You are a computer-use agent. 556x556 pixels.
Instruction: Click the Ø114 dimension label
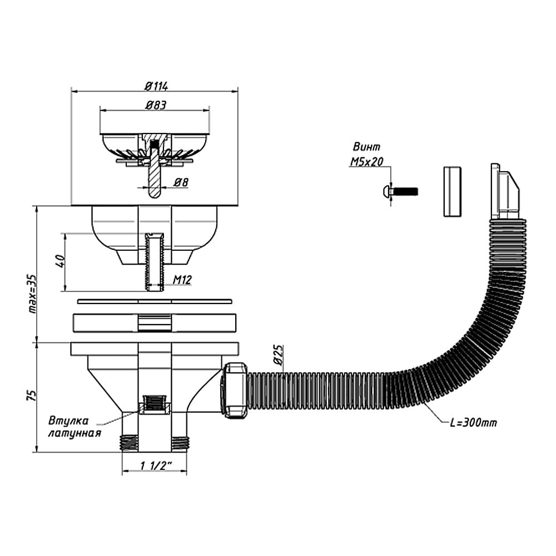(x=156, y=86)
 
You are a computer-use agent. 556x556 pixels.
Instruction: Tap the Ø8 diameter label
(x=181, y=182)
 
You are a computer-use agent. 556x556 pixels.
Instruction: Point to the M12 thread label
(x=182, y=280)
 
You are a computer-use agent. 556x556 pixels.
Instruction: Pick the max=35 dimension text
(x=32, y=294)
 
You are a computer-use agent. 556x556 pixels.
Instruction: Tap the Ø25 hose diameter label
(x=279, y=355)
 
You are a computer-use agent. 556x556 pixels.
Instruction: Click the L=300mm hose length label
(x=473, y=423)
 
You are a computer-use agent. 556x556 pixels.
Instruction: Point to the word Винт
(x=366, y=146)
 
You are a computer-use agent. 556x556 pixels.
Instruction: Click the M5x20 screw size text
(x=366, y=162)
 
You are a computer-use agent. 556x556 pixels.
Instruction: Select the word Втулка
(x=68, y=421)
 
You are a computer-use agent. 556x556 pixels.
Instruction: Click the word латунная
(x=75, y=433)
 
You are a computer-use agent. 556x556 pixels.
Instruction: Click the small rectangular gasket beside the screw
(x=452, y=191)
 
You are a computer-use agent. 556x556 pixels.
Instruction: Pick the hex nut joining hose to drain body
(x=234, y=390)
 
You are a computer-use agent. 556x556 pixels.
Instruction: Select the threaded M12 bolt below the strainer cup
(x=155, y=262)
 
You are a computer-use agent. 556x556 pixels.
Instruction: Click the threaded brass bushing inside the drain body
(x=155, y=405)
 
